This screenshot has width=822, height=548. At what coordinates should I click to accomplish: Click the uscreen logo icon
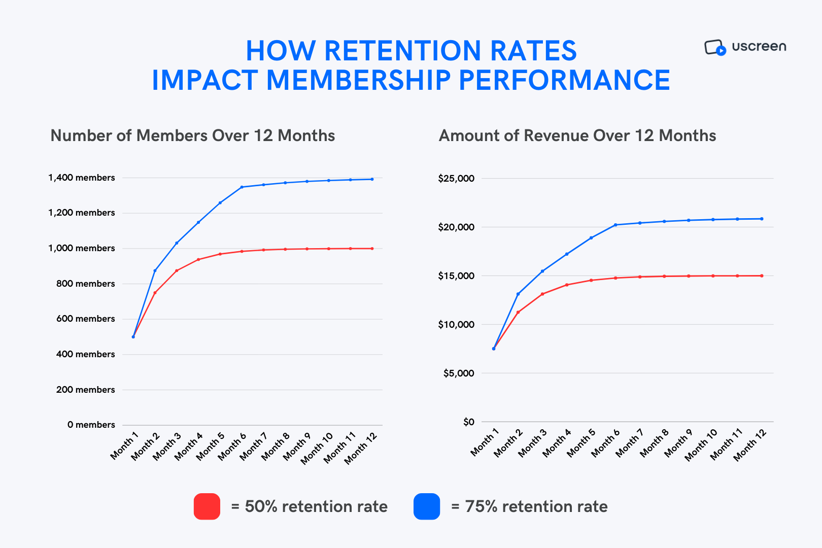[x=715, y=47]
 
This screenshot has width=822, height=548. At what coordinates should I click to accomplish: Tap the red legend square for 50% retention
[x=207, y=506]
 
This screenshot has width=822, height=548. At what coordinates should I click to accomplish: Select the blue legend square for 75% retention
[x=427, y=506]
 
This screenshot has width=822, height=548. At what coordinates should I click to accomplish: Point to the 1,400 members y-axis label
[x=82, y=178]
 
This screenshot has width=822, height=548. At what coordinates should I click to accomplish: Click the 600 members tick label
[x=85, y=319]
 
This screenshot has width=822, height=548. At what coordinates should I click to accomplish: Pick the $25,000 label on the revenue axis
[x=456, y=178]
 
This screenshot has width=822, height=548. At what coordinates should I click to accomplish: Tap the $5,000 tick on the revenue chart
[x=459, y=373]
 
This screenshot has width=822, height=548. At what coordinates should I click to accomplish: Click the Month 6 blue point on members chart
[x=242, y=187]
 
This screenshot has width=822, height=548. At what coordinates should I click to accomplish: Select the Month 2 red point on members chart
[x=155, y=293]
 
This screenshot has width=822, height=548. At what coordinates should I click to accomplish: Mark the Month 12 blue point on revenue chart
[x=762, y=219]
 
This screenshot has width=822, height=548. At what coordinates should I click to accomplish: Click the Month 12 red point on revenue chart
[x=762, y=276]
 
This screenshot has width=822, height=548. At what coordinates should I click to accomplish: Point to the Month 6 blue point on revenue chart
[x=615, y=225]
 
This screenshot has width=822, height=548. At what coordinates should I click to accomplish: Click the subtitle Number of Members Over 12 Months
[x=193, y=135]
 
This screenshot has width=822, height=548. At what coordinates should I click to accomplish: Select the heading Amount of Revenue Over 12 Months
[x=577, y=135]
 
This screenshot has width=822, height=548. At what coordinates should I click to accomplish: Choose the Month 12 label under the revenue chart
[x=750, y=444]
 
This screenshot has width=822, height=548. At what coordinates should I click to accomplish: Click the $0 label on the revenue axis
[x=468, y=422]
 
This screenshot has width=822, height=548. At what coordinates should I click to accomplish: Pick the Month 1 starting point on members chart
[x=133, y=337]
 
